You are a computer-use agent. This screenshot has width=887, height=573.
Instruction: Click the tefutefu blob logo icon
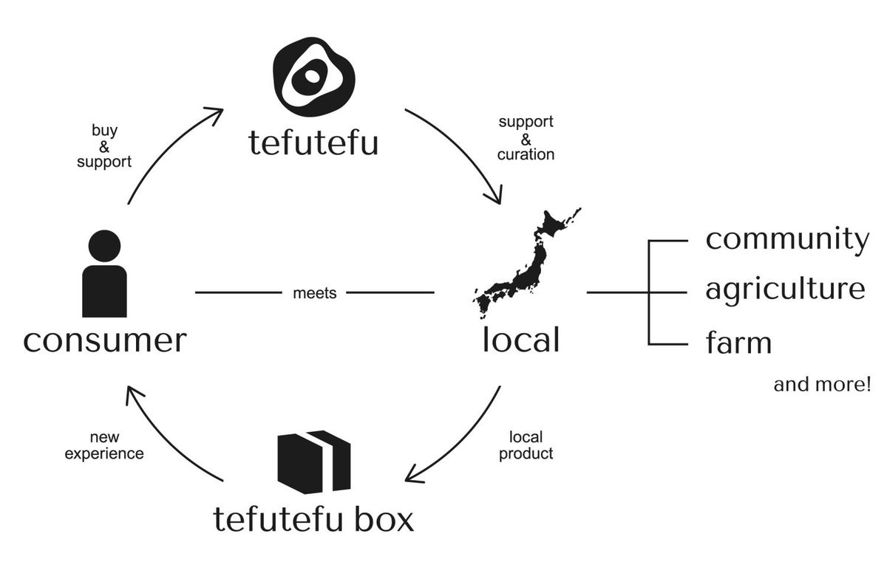coord(314,76)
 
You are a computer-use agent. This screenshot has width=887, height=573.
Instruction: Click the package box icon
coord(313,462)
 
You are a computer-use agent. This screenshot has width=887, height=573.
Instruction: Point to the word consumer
coord(104,340)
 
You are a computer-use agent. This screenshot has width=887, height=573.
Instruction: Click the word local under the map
coord(520,340)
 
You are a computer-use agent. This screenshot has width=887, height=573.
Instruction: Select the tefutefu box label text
coord(313,518)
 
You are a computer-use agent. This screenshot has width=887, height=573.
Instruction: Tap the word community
coord(786,239)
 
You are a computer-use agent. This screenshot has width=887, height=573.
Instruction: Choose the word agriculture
coord(785,289)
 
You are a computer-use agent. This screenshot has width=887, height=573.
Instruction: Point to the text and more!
coord(822,385)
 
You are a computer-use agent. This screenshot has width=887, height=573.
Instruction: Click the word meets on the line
coord(314,293)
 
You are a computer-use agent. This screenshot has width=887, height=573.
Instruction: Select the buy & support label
coord(104,145)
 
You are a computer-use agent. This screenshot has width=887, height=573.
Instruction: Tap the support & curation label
coord(526,137)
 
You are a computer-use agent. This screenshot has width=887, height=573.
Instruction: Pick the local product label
coord(526,445)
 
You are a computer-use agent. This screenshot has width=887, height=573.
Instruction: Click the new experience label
coord(104,445)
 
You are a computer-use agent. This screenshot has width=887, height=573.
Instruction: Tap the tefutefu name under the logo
coord(313,142)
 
